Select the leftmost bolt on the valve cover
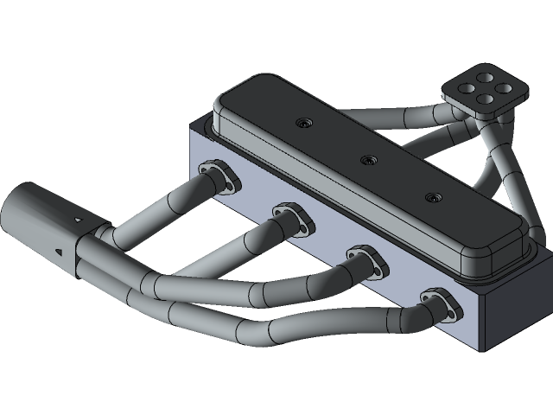302,124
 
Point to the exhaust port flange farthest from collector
440,304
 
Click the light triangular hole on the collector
79,220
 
